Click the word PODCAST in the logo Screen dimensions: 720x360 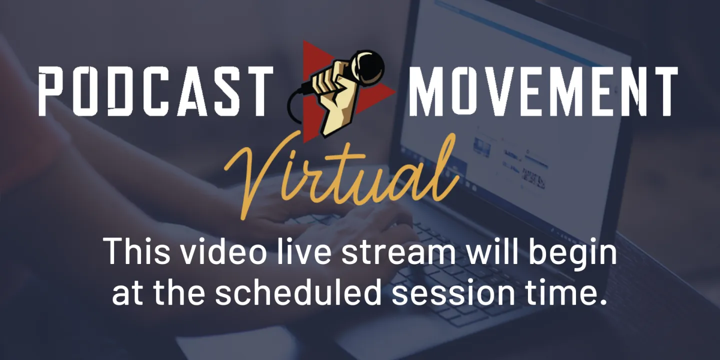(156, 91)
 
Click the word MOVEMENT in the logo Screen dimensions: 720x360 (543, 91)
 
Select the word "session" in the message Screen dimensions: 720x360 (453, 293)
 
